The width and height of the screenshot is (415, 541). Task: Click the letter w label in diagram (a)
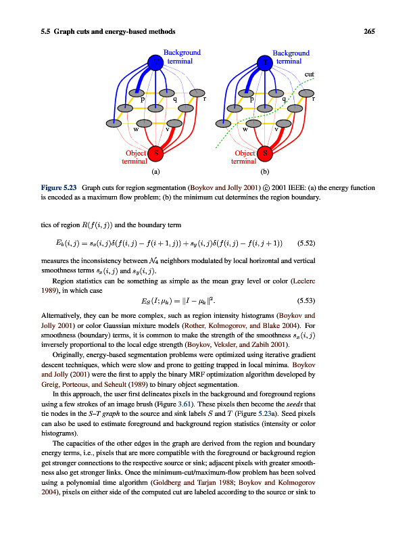pos(137,128)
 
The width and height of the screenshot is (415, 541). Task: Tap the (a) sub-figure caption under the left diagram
pos(155,172)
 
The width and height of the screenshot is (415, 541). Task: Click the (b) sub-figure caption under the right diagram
pos(264,172)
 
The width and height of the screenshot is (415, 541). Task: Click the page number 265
pos(369,31)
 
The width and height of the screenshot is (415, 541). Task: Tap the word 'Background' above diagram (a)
pos(182,52)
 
